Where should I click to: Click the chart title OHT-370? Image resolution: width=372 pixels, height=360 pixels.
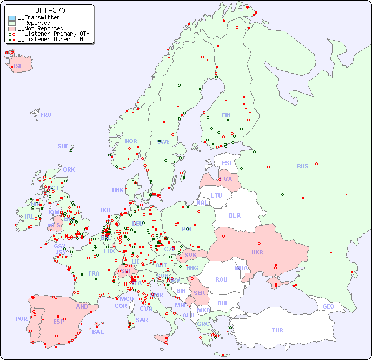(50, 10)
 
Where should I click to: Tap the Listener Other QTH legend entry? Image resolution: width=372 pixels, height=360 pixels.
(49, 39)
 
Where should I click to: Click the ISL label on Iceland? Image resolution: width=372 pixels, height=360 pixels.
(18, 67)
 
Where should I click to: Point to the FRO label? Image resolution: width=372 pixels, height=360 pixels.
(46, 115)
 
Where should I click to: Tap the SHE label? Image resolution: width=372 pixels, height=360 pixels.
(63, 146)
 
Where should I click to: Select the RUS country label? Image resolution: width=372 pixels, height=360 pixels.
(302, 166)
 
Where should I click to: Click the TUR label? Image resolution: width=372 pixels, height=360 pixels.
(277, 330)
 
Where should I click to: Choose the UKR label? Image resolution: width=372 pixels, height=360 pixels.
(257, 252)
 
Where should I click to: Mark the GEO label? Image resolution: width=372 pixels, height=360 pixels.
(328, 306)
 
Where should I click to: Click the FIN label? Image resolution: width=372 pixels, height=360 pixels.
(226, 115)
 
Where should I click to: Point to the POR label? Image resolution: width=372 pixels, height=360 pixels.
(21, 319)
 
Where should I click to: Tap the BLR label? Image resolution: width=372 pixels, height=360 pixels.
(235, 215)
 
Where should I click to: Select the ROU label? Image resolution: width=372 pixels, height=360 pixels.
(221, 279)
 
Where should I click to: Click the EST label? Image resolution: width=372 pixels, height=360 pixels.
(227, 163)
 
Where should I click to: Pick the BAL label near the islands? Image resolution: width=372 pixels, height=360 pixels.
(98, 332)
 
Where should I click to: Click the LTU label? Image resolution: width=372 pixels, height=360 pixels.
(216, 195)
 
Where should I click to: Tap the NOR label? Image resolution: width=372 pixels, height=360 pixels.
(131, 141)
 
